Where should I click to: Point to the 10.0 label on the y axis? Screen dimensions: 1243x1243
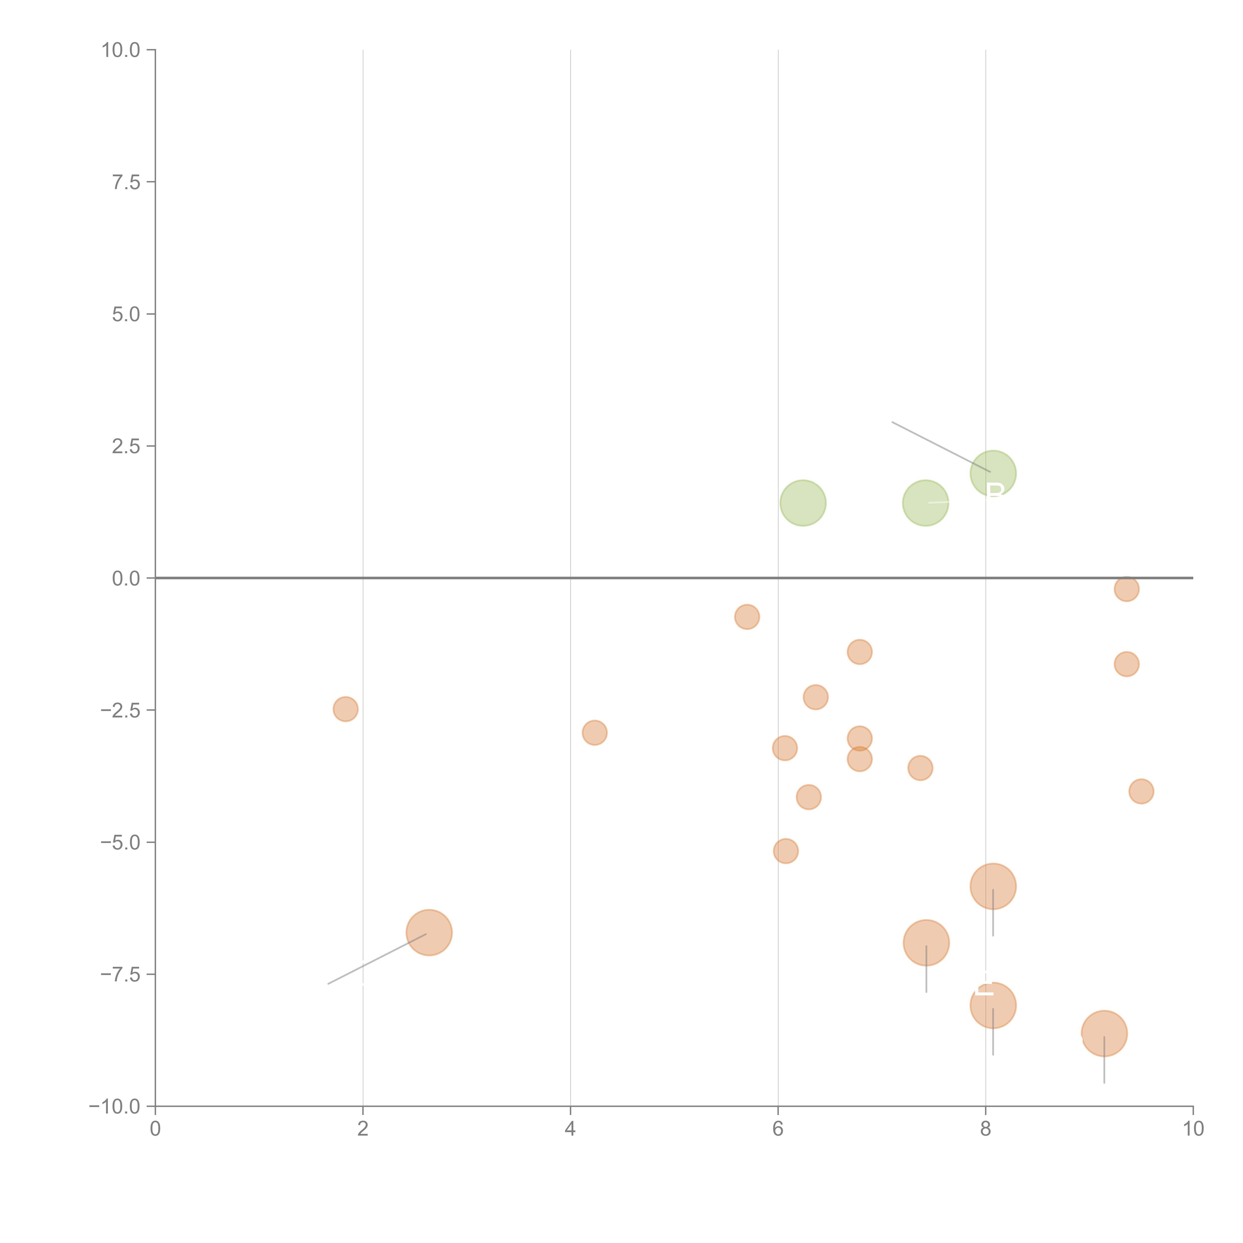coord(121,50)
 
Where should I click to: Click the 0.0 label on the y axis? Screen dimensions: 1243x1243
coord(126,578)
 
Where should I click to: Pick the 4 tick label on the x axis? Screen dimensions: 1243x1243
coord(570,1128)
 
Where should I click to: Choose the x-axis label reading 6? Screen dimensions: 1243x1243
coord(778,1128)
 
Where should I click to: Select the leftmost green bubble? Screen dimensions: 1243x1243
coord(803,503)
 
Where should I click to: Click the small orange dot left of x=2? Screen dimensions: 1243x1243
coord(346,709)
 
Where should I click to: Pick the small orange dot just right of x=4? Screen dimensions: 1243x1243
coord(594,733)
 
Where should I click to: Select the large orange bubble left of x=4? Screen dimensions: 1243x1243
coord(429,933)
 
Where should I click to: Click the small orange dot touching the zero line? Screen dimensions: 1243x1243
coord(1127,589)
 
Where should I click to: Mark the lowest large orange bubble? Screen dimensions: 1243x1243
coord(1104,1033)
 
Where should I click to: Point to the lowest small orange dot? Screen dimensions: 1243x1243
coord(786,851)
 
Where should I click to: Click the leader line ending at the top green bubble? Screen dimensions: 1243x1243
coord(941,447)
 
